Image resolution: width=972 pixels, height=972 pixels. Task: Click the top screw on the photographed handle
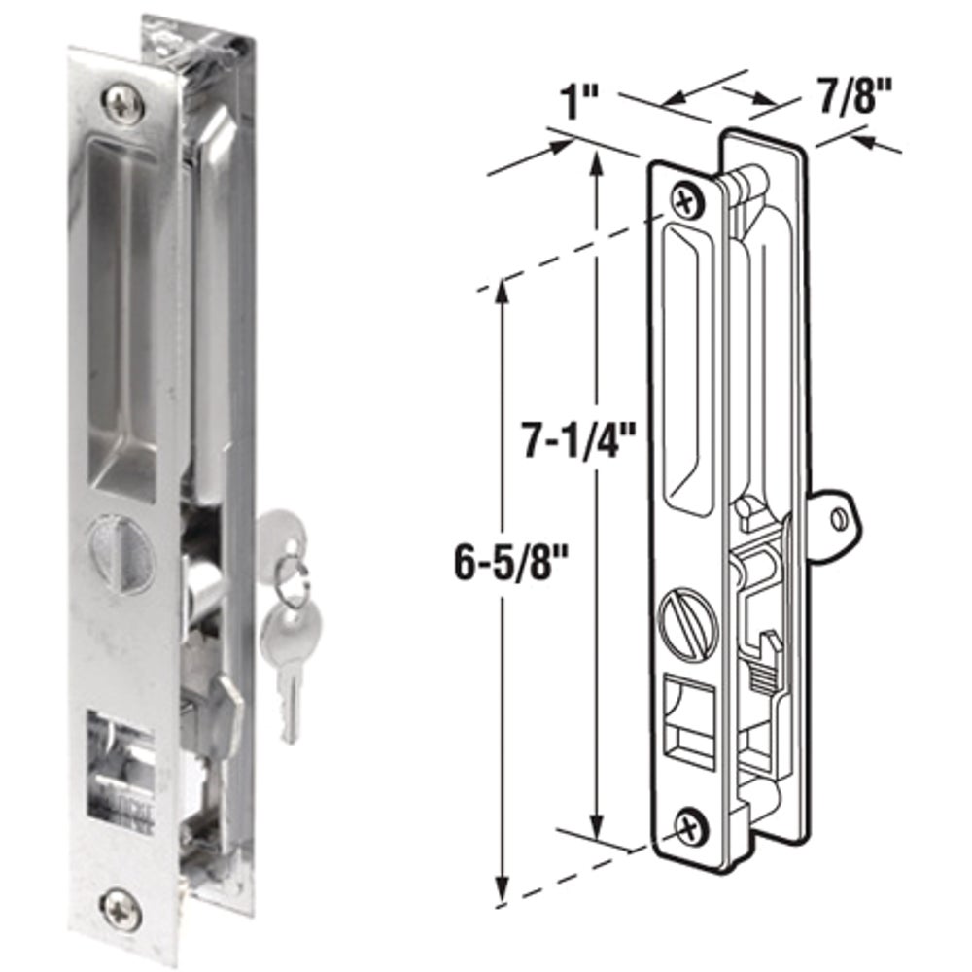coord(124,104)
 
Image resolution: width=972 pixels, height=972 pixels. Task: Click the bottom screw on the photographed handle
coord(121,909)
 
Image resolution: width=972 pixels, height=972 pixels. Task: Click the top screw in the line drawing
coord(686,202)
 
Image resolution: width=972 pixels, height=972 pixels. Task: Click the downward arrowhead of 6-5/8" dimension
coord(502,892)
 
